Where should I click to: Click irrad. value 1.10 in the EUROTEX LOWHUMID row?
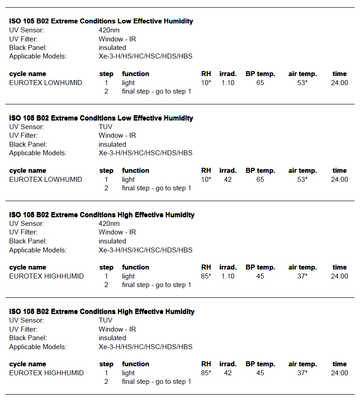pos(228,83)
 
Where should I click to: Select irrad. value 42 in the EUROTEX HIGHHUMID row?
pos(228,373)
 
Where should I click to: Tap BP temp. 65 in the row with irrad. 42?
pos(260,180)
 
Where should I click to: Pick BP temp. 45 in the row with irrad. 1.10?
pos(260,276)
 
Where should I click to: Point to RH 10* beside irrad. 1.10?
pos(206,83)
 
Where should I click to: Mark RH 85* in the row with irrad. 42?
pos(206,373)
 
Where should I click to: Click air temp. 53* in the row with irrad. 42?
pos(302,180)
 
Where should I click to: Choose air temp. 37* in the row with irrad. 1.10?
pos(302,276)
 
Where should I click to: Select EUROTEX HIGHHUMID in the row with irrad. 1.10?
pos(46,276)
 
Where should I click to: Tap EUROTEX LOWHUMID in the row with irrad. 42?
pos(45,180)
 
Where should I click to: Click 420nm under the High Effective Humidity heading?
pos(109,224)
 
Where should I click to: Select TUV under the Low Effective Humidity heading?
pos(106,127)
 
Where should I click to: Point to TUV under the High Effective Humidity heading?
pos(106,320)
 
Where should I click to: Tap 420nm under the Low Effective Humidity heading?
pos(109,30)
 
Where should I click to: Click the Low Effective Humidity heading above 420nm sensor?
pos(101,21)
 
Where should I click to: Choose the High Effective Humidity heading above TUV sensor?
pos(102,311)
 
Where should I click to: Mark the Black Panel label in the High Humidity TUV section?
pos(28,338)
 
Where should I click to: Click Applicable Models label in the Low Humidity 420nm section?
pos(38,56)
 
